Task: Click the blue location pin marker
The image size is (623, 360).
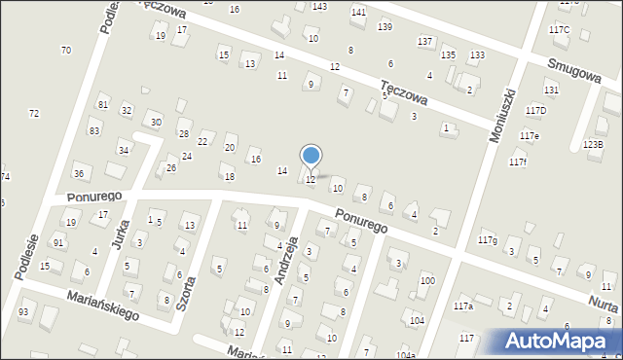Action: (x=311, y=156)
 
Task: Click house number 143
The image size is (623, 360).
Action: (x=319, y=6)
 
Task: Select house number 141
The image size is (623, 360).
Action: (x=358, y=12)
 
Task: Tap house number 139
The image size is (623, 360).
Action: (x=385, y=26)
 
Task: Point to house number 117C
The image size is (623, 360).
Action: (x=559, y=30)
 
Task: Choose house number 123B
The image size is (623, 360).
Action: (x=593, y=145)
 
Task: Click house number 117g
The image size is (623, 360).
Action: (x=488, y=239)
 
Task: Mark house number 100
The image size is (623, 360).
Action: (x=427, y=280)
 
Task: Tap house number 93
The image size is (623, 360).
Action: (x=23, y=311)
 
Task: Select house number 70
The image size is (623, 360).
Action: (x=65, y=50)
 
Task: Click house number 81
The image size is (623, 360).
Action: (x=102, y=104)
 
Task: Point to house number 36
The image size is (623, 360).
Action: (x=79, y=173)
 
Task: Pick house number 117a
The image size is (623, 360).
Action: (x=463, y=306)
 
